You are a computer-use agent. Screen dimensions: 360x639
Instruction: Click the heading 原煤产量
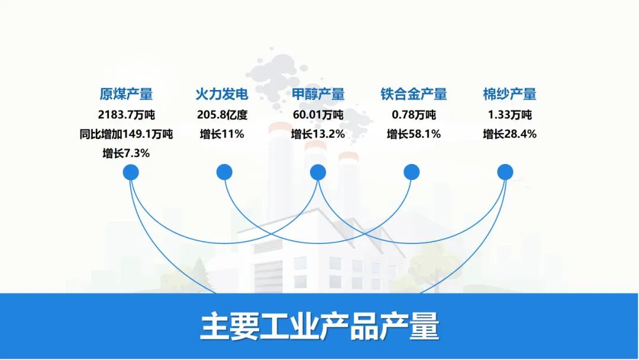click(126, 94)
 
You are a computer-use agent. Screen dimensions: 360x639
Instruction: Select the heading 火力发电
click(222, 94)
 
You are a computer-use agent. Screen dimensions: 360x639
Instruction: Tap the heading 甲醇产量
click(318, 94)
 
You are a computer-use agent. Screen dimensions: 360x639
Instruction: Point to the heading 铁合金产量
click(414, 94)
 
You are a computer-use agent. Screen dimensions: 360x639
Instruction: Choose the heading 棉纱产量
click(509, 94)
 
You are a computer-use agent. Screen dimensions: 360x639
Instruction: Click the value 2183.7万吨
click(126, 115)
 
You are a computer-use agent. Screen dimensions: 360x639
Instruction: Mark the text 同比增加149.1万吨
click(126, 134)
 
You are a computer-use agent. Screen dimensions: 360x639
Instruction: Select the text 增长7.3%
click(126, 154)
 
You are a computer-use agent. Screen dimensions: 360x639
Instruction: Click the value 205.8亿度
click(222, 115)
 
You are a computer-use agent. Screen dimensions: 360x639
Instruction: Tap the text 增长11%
click(222, 134)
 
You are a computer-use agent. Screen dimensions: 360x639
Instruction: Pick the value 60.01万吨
click(318, 115)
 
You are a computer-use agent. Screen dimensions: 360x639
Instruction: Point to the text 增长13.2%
click(318, 134)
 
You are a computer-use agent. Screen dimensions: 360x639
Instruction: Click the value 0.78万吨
click(414, 115)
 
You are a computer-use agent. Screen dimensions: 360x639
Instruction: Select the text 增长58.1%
click(414, 134)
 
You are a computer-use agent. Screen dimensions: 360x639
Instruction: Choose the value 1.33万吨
click(509, 115)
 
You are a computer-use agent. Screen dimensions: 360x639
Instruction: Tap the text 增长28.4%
click(509, 134)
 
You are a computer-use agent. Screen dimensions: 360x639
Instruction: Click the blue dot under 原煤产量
click(131, 172)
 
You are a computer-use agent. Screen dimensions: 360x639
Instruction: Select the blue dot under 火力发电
click(224, 172)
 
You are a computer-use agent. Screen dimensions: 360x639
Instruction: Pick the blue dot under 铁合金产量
click(411, 172)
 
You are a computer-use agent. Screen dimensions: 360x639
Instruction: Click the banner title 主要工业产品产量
click(319, 326)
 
